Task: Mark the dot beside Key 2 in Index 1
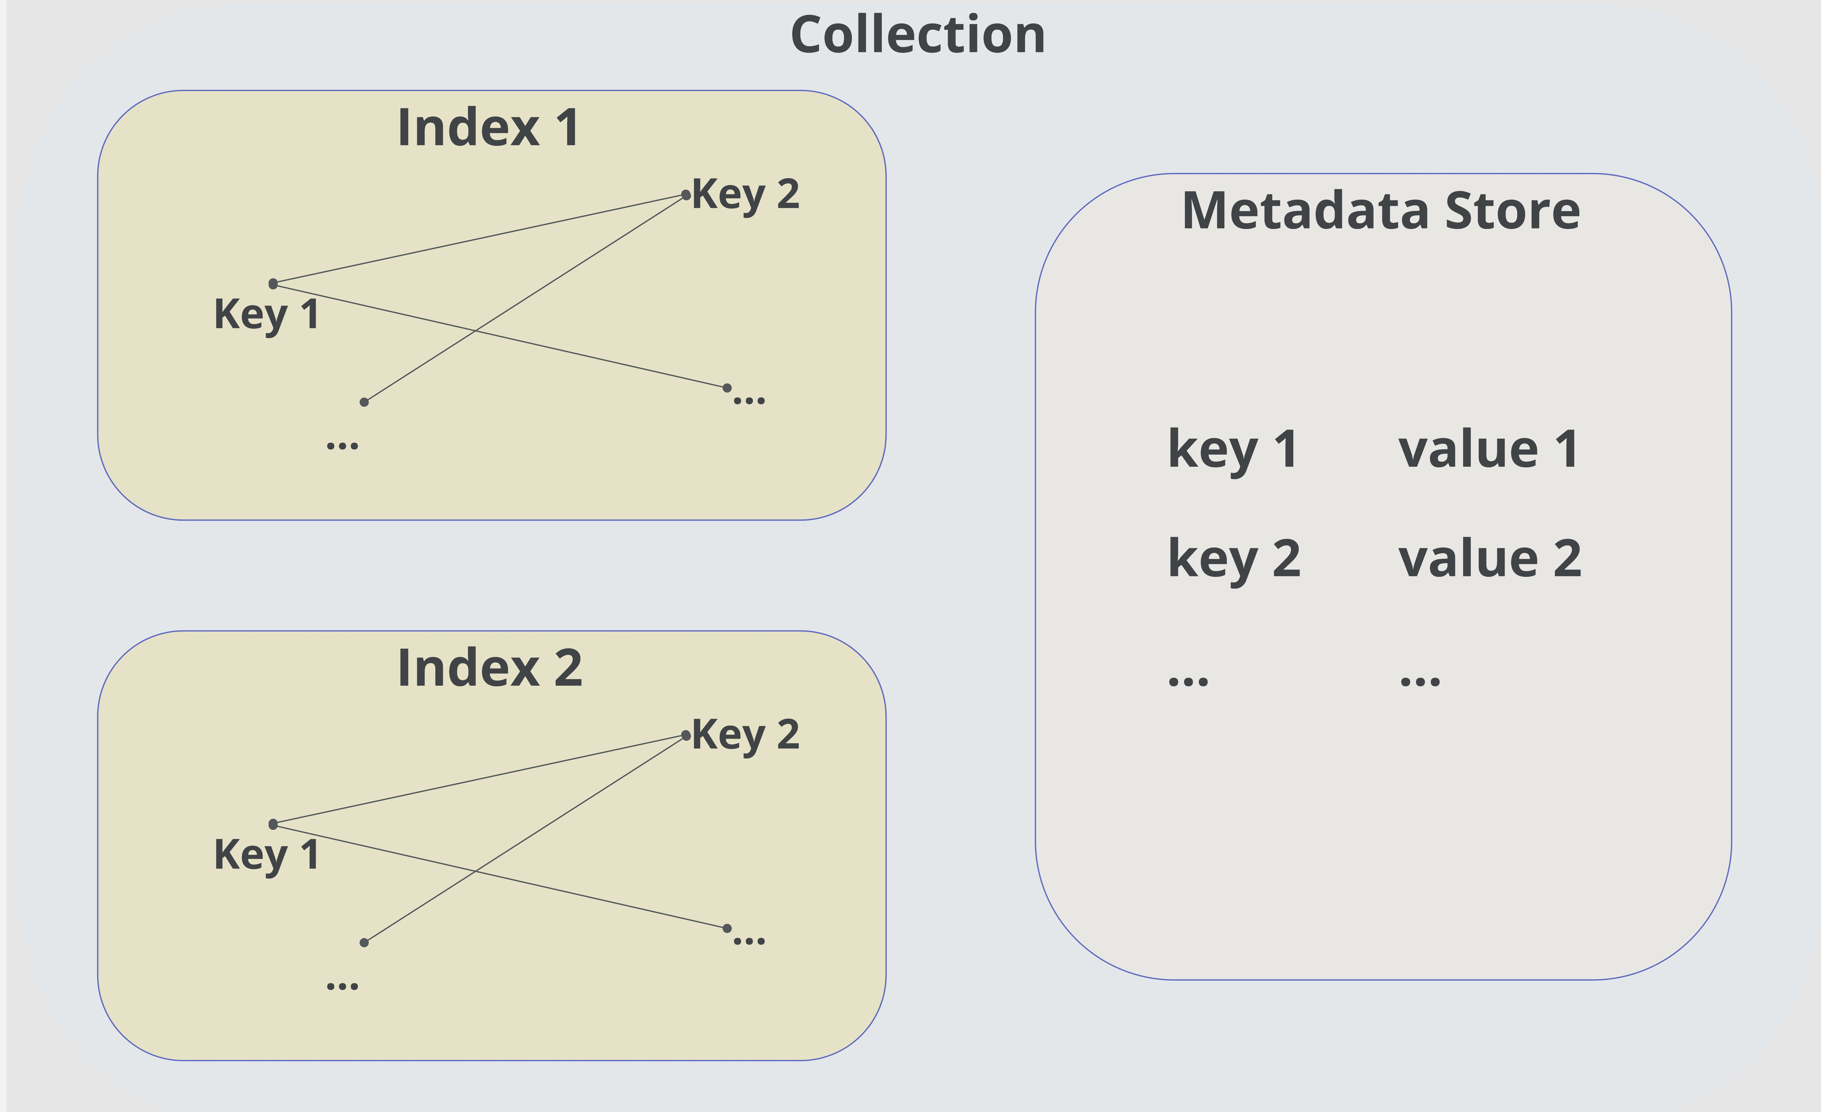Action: (x=686, y=195)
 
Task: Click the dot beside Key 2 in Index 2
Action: (x=686, y=735)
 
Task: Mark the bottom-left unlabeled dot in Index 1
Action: (x=364, y=402)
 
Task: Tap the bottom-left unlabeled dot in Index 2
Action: (x=364, y=942)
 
